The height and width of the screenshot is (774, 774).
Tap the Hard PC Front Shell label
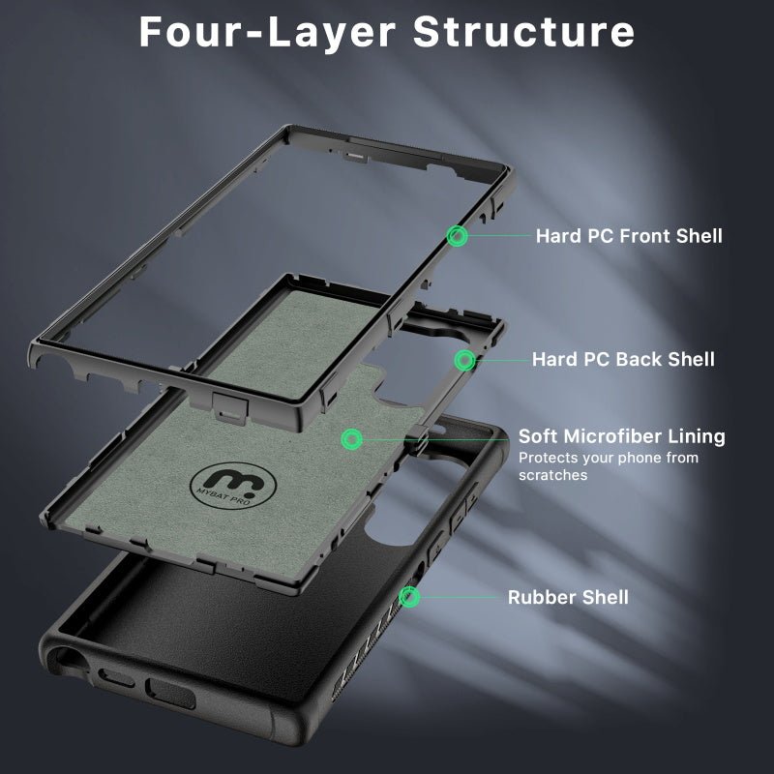point(629,235)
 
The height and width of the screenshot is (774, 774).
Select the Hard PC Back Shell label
point(623,359)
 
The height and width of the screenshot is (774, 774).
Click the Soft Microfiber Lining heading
point(621,436)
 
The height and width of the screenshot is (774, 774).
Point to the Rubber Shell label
point(568,597)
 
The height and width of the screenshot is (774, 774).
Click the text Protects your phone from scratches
point(608,466)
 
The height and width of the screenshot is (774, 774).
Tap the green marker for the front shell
point(458,235)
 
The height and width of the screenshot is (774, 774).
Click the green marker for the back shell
point(465,360)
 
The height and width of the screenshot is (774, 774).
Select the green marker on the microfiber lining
point(352,439)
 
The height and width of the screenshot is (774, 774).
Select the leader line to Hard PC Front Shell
point(498,235)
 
